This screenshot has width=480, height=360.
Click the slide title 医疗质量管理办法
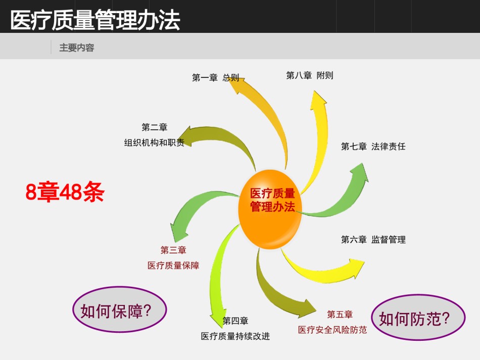(95, 20)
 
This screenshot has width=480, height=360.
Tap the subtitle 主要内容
(76, 48)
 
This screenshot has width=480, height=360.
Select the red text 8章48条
(65, 192)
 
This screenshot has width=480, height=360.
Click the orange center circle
(270, 209)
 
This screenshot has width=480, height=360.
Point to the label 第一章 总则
(216, 78)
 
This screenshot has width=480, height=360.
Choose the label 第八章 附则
(310, 75)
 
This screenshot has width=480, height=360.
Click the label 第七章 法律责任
(373, 146)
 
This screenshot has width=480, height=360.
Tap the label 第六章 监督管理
(373, 239)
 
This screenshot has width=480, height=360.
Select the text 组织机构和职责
(154, 142)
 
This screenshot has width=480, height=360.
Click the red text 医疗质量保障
(173, 265)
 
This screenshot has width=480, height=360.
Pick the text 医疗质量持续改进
(235, 336)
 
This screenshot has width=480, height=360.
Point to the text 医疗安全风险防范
(332, 330)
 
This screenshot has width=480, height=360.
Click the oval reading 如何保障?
(119, 309)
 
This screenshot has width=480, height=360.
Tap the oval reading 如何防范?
(418, 318)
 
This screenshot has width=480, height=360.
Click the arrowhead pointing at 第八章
(318, 99)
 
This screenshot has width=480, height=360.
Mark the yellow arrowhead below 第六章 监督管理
(356, 267)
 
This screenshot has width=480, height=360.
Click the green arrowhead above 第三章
(178, 232)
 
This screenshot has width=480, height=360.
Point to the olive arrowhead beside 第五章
(307, 308)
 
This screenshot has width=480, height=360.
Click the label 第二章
(154, 127)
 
